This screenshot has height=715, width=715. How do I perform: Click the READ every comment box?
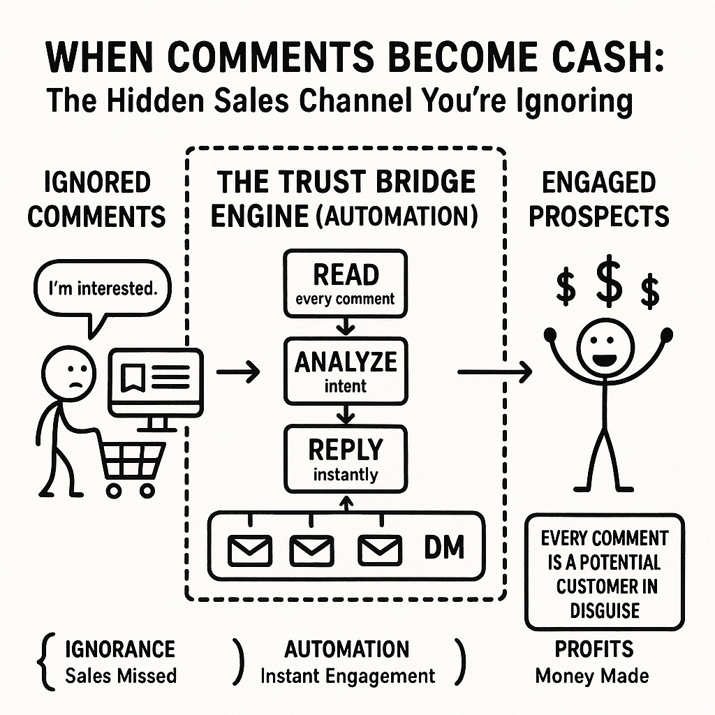point(345,284)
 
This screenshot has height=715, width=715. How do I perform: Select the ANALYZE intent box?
point(345,371)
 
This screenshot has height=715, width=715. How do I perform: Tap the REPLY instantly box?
point(345,457)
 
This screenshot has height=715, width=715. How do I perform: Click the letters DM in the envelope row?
point(444,547)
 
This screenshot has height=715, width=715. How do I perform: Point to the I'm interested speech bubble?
point(101,288)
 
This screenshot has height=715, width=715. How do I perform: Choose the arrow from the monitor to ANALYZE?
point(237,372)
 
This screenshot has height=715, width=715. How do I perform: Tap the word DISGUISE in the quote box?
point(605,610)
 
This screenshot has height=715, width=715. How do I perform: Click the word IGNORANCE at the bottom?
point(120,649)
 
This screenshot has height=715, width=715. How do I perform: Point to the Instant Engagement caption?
point(347,675)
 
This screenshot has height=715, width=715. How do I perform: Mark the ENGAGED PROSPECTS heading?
point(598,199)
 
